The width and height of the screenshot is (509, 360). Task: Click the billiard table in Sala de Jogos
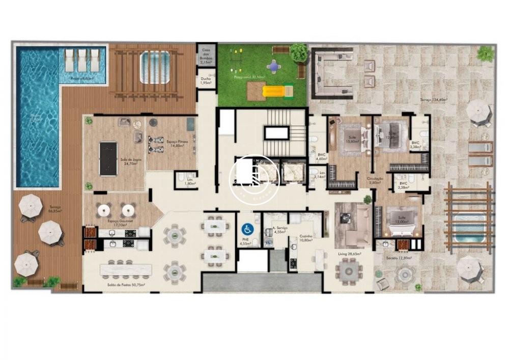(108, 158)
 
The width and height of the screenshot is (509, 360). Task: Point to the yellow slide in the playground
(275, 92)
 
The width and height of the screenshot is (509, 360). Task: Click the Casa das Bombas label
(206, 53)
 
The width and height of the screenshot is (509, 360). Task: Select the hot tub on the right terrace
(469, 228)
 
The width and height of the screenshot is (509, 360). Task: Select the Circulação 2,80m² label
(376, 181)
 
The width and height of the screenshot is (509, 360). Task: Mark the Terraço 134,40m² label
(433, 100)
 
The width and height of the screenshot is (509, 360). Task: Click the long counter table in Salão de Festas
(126, 269)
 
